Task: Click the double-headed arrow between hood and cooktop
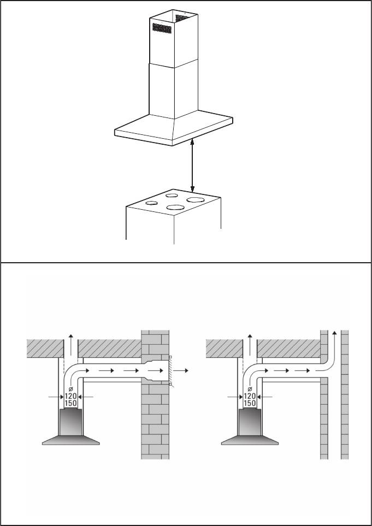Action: tap(192, 166)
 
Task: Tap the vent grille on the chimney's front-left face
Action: tap(162, 28)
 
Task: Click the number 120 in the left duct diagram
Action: tap(70, 397)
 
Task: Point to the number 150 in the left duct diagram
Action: tap(70, 403)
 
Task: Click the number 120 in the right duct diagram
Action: tap(250, 397)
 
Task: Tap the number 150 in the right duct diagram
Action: tap(250, 403)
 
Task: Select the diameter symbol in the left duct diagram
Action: tap(70, 389)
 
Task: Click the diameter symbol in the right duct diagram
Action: tap(250, 389)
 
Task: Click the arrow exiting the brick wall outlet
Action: tap(181, 371)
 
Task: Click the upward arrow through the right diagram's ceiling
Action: tap(250, 345)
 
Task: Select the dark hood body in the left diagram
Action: tap(71, 422)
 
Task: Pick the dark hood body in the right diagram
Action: tap(250, 422)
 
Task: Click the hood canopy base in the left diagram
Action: tap(71, 440)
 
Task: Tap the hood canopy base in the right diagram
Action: tap(250, 440)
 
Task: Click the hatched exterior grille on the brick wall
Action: tap(171, 371)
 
